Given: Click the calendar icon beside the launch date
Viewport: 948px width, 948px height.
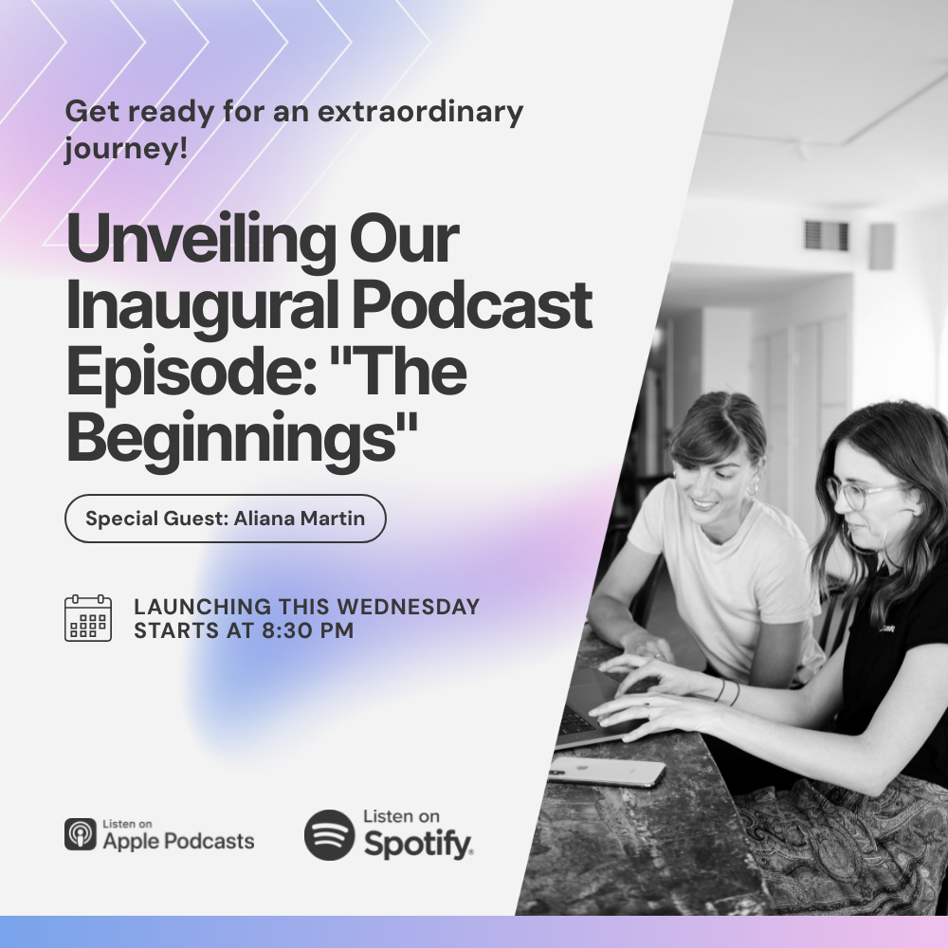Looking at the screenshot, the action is pyautogui.click(x=88, y=617).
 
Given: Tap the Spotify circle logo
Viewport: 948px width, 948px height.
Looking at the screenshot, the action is pyautogui.click(x=329, y=835).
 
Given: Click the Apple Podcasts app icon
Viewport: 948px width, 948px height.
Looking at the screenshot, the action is pyautogui.click(x=81, y=834).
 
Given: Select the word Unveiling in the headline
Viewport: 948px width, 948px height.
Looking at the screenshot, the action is pyautogui.click(x=201, y=241).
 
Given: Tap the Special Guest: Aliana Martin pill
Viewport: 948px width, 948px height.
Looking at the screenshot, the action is pyautogui.click(x=225, y=519).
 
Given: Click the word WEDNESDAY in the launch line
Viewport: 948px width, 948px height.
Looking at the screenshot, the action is pyautogui.click(x=408, y=607).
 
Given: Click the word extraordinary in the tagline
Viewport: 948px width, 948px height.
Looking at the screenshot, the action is pyautogui.click(x=420, y=111).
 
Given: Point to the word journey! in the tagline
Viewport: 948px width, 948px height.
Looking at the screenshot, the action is pyautogui.click(x=126, y=148).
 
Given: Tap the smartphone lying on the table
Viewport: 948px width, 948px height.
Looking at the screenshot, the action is pyautogui.click(x=607, y=772).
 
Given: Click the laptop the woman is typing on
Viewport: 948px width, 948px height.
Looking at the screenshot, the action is pyautogui.click(x=595, y=707).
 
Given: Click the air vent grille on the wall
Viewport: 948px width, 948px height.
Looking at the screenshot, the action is pyautogui.click(x=826, y=236).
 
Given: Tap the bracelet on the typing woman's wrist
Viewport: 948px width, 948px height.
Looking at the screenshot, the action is pyautogui.click(x=727, y=691).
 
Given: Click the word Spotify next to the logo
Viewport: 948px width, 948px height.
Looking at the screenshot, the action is pyautogui.click(x=418, y=844).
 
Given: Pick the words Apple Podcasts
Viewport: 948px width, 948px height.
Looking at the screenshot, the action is pyautogui.click(x=178, y=841).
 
